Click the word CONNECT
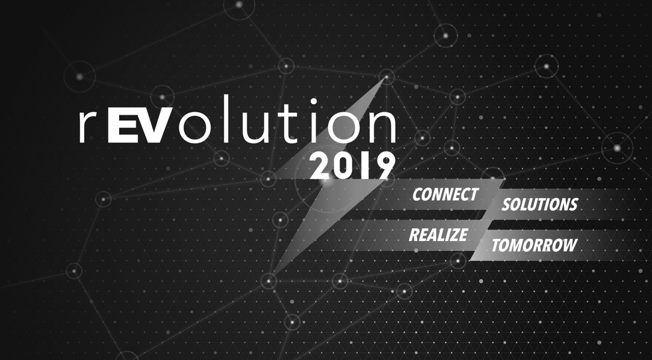point(445,194)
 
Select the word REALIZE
point(439,235)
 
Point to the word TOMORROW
point(534,245)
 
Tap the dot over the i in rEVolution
point(313,102)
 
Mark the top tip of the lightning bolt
point(387,77)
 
